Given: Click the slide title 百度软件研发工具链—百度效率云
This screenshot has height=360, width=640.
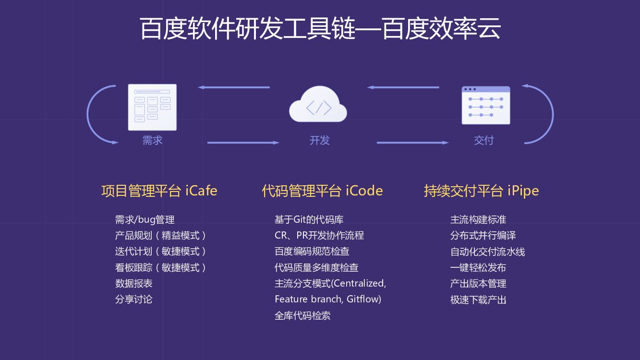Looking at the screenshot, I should coord(320,28).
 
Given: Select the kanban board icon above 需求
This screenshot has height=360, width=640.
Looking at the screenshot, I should coord(152,107).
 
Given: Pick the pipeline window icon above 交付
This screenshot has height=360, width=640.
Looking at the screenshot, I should coord(485,105).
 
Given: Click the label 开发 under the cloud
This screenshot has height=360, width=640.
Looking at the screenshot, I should coord(320,140).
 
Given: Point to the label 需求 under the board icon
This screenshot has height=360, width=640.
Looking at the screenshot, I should coord(152,140).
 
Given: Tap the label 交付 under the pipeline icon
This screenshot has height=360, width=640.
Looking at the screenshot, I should coord(483,140).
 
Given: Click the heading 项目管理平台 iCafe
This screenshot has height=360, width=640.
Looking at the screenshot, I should coord(159,191).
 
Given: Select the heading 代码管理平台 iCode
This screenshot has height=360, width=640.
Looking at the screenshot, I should coord(322,191).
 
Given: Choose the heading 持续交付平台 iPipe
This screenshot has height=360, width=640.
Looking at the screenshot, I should coord(481,191).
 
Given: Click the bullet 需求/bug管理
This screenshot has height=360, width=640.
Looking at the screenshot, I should coord(145,220).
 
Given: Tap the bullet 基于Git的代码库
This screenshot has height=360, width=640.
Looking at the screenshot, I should coord(309,220).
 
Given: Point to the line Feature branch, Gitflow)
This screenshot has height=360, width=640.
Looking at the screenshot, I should coord(327,299).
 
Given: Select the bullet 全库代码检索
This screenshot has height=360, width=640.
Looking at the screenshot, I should coord(302,315).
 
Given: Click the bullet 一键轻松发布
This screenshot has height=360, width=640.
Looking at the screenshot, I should coord(478,267).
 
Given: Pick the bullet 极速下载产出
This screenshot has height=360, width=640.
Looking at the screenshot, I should coord(478,300).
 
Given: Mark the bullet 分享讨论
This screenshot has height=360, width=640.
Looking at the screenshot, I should coord(133,299).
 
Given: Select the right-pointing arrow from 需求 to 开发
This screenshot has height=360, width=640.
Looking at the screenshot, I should coord(242,143).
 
